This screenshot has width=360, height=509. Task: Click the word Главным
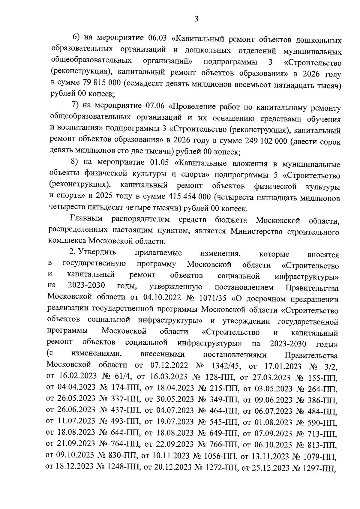[x=86, y=219]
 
